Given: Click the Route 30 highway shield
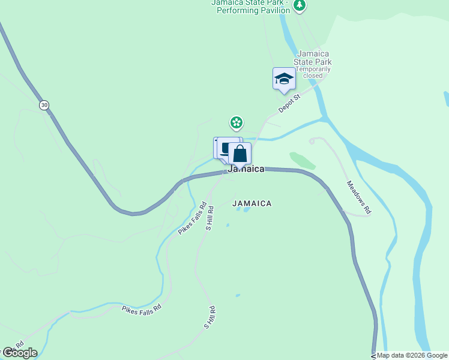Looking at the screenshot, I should [44, 105].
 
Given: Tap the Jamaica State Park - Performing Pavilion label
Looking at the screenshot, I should [250, 7].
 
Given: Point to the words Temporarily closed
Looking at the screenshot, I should [313, 72].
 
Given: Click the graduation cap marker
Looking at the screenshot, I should [284, 79].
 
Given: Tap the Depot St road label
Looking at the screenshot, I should [289, 102].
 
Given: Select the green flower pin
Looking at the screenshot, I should [237, 123].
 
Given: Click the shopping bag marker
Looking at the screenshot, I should [240, 154].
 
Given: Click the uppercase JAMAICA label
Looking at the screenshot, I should [252, 203].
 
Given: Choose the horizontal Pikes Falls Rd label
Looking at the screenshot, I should [142, 308].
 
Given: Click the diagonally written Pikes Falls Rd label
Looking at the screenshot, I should [192, 220].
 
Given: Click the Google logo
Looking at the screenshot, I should [20, 353].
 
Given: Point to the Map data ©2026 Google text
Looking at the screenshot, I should [412, 355].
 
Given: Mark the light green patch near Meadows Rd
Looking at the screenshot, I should [302, 160].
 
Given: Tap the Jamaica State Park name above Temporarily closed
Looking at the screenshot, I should [313, 58].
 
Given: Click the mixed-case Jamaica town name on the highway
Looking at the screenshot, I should [246, 169].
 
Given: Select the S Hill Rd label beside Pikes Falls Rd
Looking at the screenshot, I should [209, 218].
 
